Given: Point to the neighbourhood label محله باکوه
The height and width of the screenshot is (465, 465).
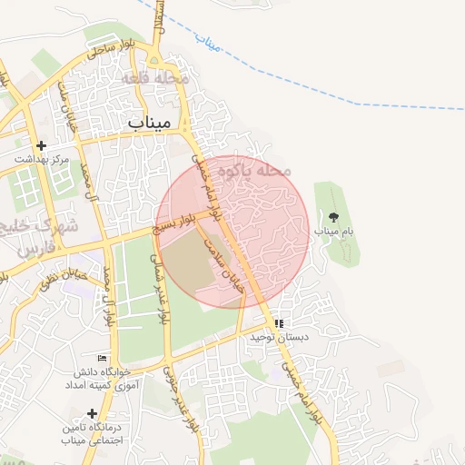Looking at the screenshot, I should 260,170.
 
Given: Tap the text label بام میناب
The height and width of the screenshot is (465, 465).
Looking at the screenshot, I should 334,232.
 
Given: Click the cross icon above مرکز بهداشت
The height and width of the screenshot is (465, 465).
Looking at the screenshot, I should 40,145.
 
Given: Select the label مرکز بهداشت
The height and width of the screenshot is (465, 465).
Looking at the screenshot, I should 42,160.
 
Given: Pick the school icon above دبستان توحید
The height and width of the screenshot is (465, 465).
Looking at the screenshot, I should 280,322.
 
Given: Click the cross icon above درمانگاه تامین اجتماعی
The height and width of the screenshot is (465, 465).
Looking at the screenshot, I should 92,413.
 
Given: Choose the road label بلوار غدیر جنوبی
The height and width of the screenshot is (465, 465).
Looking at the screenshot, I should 180,400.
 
